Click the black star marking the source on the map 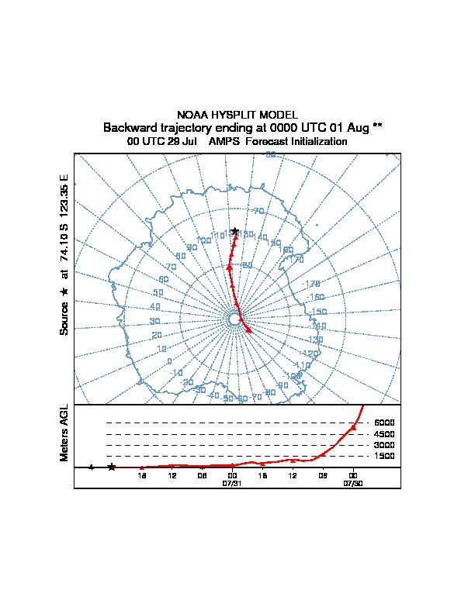click(234, 231)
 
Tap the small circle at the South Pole click(234, 319)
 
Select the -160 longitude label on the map click(316, 297)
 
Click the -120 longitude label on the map click(314, 340)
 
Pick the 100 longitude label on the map click(204, 241)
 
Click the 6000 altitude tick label click(384, 423)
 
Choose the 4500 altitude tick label click(384, 434)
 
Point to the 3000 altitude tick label click(384, 445)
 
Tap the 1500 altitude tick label click(384, 456)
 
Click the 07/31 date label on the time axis click(232, 483)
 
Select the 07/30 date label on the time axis click(353, 483)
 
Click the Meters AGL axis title click(64, 433)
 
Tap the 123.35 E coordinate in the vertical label click(64, 195)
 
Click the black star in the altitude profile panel click(112, 467)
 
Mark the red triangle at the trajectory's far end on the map click(248, 330)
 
